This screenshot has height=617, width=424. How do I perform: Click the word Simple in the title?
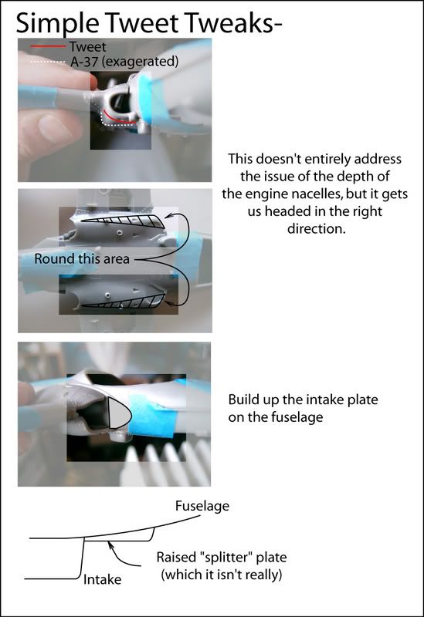click(57, 24)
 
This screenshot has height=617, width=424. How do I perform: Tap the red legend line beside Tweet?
click(48, 46)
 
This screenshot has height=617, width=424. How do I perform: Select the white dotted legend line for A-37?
click(48, 62)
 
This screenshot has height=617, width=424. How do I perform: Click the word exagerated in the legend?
click(140, 62)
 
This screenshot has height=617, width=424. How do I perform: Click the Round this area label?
click(82, 259)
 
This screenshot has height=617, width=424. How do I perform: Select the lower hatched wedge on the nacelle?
click(126, 302)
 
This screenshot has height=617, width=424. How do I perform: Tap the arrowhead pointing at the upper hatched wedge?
click(169, 215)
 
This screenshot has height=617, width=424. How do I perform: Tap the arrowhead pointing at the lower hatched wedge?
click(169, 303)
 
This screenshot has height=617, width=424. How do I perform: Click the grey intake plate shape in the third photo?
click(117, 413)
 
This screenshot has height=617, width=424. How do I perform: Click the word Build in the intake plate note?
click(241, 400)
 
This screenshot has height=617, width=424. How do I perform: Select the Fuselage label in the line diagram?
click(202, 506)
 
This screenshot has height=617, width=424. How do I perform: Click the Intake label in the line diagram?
click(102, 579)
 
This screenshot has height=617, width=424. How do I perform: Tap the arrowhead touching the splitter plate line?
click(111, 545)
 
